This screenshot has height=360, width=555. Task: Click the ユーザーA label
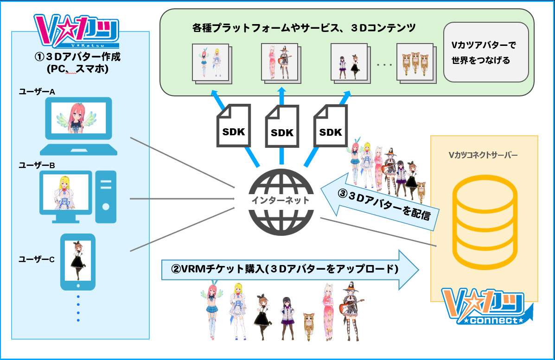(37, 92)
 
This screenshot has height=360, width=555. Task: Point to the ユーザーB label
(37, 165)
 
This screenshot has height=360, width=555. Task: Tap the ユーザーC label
(37, 259)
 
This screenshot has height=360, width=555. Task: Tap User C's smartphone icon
(78, 261)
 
